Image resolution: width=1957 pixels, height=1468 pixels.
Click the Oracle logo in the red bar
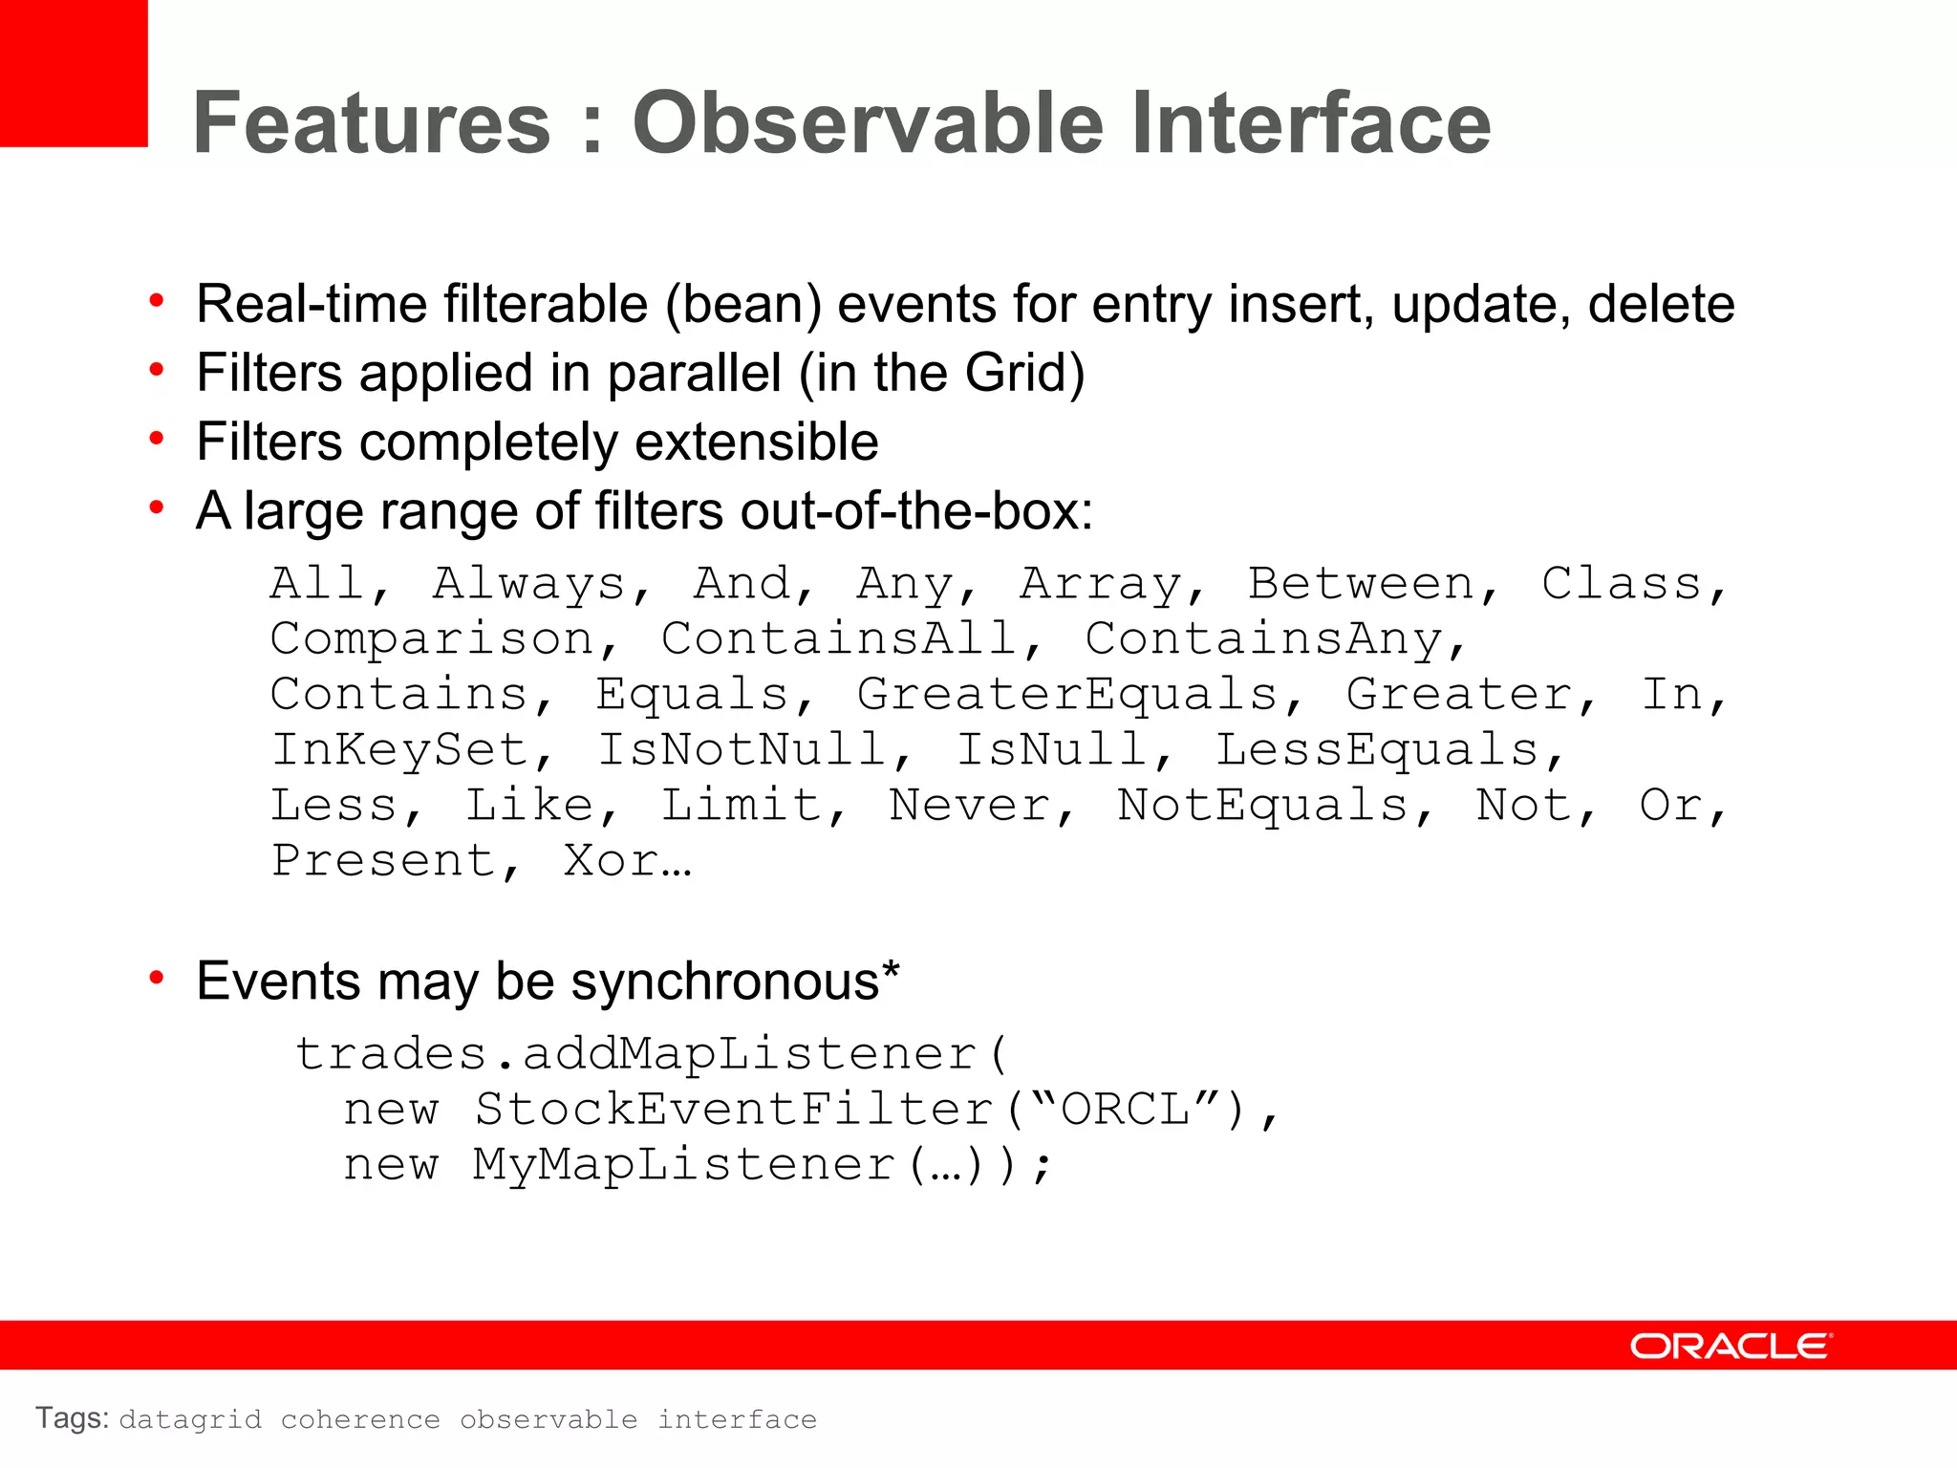pos(1731,1346)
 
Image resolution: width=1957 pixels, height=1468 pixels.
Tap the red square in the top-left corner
pos(73,73)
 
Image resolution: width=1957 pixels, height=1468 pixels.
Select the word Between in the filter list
pos(1362,583)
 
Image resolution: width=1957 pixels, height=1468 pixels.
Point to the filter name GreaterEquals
pos(1067,694)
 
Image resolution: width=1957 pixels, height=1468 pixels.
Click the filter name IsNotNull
pos(742,749)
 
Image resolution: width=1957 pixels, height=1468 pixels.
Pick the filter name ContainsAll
pos(839,638)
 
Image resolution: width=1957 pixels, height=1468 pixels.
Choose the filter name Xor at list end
pos(612,860)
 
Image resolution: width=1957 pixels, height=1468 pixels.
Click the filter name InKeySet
pos(399,749)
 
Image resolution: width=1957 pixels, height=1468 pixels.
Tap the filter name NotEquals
pos(1262,805)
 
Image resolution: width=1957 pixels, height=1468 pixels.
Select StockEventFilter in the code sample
pos(734,1110)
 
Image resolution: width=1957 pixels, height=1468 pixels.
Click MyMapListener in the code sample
pos(684,1165)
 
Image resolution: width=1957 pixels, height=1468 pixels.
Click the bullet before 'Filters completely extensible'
pos(158,439)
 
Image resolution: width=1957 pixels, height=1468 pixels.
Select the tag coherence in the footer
pos(360,1420)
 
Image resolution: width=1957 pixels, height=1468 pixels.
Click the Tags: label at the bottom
pos(73,1418)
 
